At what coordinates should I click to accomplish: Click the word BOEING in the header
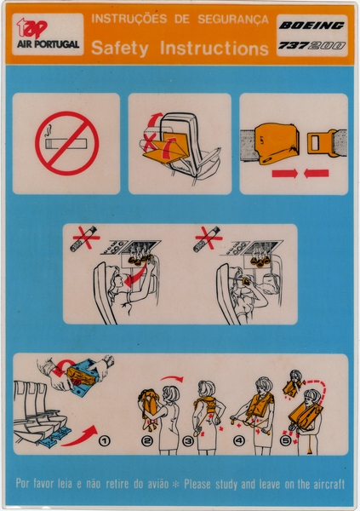[x=311, y=26]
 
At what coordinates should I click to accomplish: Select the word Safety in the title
[x=121, y=49]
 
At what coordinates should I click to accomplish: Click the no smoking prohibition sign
[x=66, y=144]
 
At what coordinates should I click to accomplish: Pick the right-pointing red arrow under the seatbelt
[x=317, y=174]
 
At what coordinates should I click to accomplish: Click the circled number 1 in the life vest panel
[x=104, y=440]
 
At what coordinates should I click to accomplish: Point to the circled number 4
[x=237, y=441]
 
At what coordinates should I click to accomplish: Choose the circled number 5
[x=286, y=441]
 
